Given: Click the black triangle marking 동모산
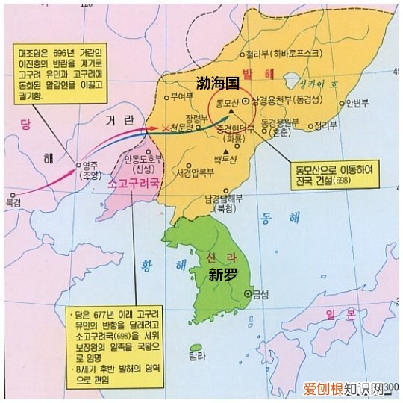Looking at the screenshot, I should click(x=232, y=111).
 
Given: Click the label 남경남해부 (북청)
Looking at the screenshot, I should click(x=219, y=202).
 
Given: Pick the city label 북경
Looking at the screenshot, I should click(x=13, y=202).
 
